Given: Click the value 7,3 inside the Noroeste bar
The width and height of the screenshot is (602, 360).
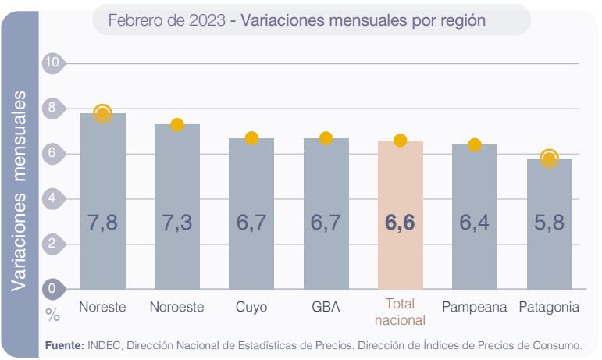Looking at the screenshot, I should click(176, 223).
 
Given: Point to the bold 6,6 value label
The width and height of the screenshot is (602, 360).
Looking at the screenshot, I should click(400, 223).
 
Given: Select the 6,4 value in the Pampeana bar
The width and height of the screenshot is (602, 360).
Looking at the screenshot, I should click(474, 223).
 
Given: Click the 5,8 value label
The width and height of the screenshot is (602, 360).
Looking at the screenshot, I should click(549, 223).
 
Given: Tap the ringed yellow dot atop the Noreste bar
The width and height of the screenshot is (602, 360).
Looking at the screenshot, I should click(102, 113).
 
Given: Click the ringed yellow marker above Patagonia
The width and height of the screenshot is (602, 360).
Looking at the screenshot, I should click(549, 159).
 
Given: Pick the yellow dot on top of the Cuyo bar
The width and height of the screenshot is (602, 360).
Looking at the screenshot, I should click(251, 138).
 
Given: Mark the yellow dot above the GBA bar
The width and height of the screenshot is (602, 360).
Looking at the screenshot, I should click(326, 138).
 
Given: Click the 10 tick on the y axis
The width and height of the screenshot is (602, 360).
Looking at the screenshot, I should click(52, 63).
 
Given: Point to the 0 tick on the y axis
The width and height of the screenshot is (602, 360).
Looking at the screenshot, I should click(52, 289).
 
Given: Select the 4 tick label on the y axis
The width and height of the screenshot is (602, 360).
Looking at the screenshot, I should click(52, 198).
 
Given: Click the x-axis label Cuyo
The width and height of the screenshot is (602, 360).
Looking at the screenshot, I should click(251, 307).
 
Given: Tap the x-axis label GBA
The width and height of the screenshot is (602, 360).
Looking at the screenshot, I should click(326, 307).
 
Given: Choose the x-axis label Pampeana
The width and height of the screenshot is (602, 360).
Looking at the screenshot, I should click(474, 307).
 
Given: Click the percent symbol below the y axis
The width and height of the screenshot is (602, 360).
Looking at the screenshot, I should click(52, 315).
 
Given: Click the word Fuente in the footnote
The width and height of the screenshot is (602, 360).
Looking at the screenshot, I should click(64, 344).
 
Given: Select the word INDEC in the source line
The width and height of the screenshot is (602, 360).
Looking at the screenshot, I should click(103, 344).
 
